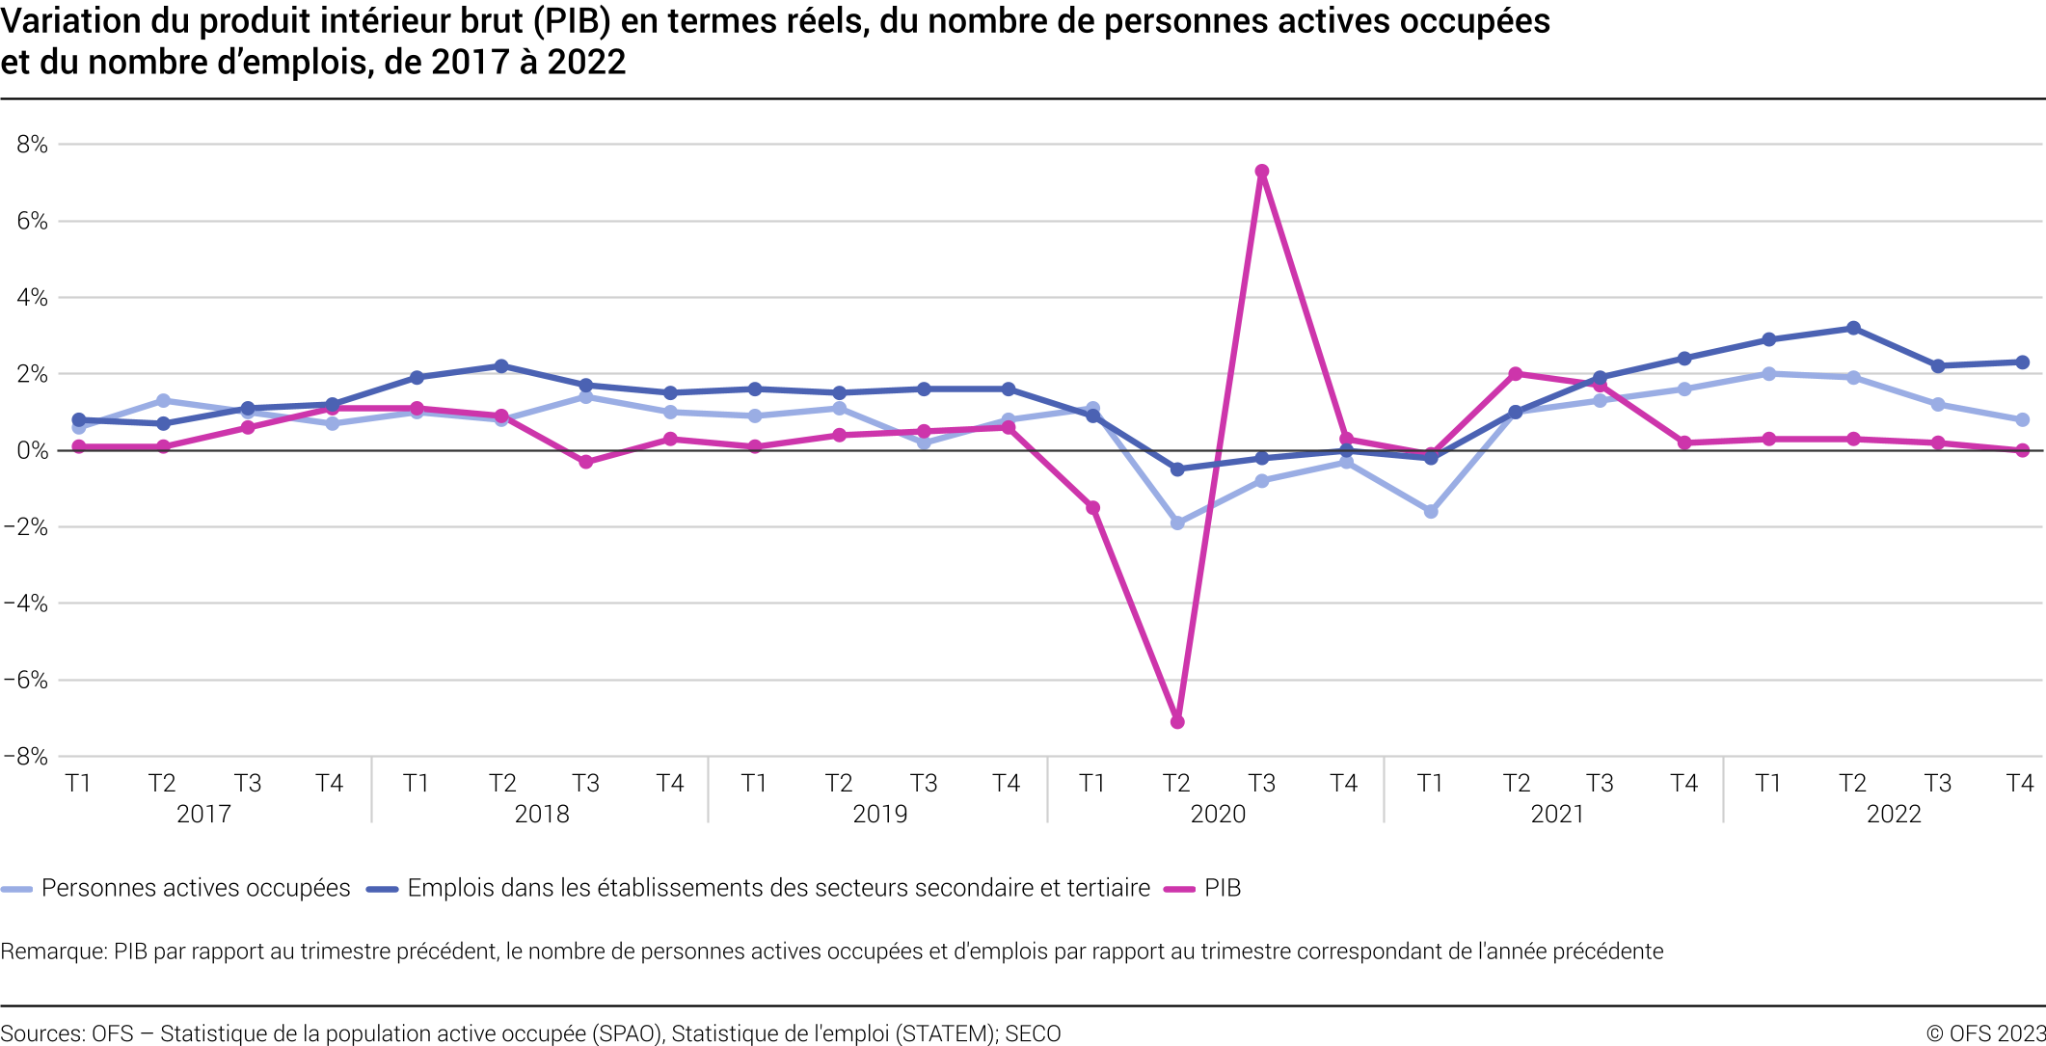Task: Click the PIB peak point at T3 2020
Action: tap(1261, 172)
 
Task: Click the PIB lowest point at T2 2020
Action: tap(1177, 721)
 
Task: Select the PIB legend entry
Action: tap(1222, 888)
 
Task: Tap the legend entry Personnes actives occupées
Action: tap(195, 888)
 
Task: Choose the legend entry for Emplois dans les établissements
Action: tap(777, 888)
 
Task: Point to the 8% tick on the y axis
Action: tap(32, 145)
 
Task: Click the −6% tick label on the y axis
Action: tap(26, 680)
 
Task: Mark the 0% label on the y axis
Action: tap(32, 450)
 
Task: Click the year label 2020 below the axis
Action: tap(1218, 814)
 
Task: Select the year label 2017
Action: tap(203, 814)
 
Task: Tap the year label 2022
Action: tap(1894, 814)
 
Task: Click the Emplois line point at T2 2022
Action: tap(1853, 328)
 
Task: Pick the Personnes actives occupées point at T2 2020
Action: tap(1177, 523)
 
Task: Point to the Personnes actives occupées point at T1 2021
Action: tap(1431, 511)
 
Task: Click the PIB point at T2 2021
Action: tap(1516, 374)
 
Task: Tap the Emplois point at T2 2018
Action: tap(501, 366)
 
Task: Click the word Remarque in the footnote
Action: tap(53, 952)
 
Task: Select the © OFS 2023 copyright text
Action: tap(1985, 1033)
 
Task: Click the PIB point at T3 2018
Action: tap(585, 462)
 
